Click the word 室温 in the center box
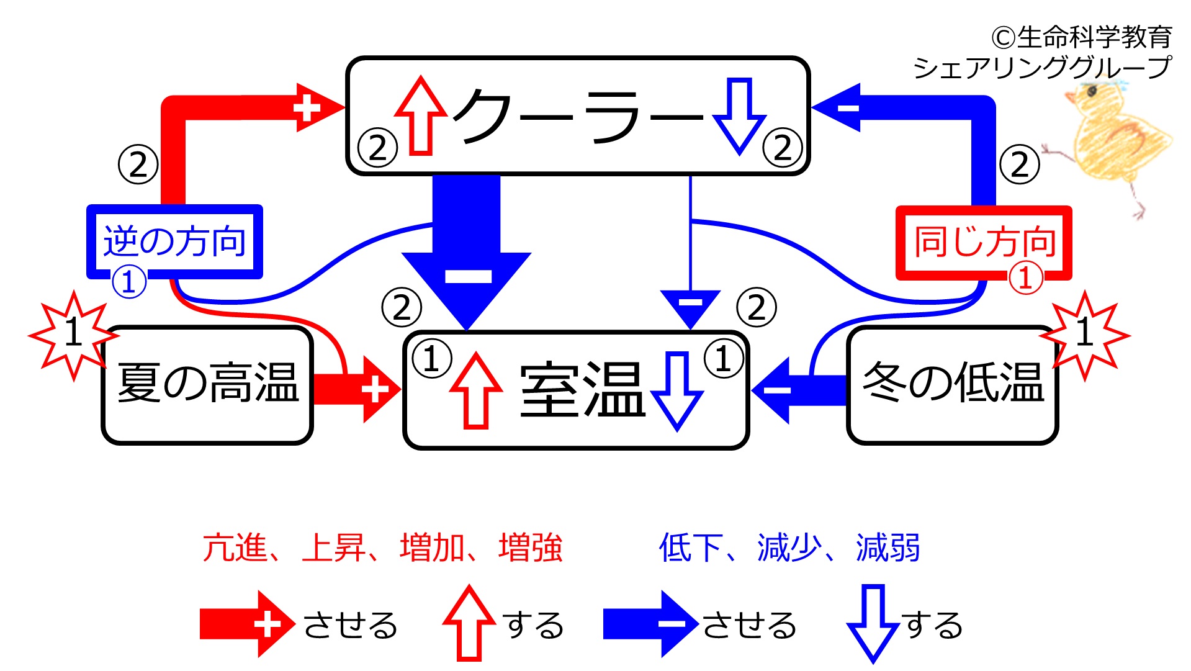(582, 390)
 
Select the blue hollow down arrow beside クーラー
(739, 116)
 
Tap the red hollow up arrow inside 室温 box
(476, 390)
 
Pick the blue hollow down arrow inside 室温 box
(677, 391)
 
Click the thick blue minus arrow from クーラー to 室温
(466, 251)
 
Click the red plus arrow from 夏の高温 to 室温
(357, 390)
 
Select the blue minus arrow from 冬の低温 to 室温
(799, 390)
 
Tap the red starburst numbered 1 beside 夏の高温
(74, 335)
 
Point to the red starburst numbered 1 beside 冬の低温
(1084, 335)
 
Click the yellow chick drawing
(1108, 149)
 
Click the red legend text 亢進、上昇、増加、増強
(382, 547)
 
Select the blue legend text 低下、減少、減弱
(789, 547)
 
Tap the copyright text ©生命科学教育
(1082, 37)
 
